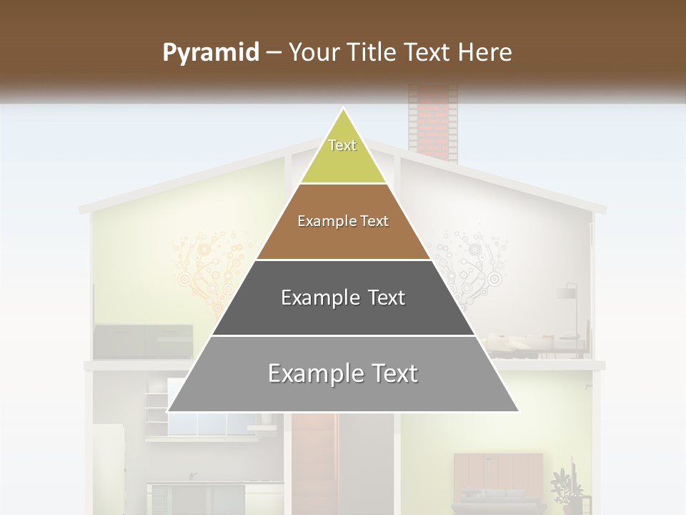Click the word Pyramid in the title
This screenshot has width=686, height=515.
211,52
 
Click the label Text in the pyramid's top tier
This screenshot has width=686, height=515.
342,145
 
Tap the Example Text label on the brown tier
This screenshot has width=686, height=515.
343,221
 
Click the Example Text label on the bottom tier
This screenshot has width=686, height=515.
343,373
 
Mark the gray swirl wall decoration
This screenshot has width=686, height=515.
468,265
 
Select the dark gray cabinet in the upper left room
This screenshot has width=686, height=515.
143,340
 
